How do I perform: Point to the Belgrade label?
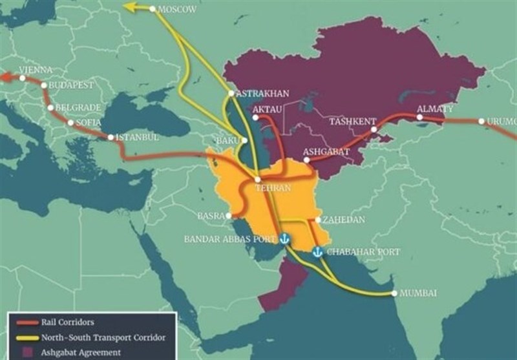[77, 107]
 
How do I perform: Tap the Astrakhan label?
[262, 93]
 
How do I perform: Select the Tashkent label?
[352, 121]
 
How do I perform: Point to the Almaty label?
[435, 109]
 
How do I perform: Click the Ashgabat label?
[326, 151]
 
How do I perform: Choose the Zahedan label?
[343, 220]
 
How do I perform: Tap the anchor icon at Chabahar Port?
[317, 252]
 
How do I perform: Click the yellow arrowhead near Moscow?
[131, 8]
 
